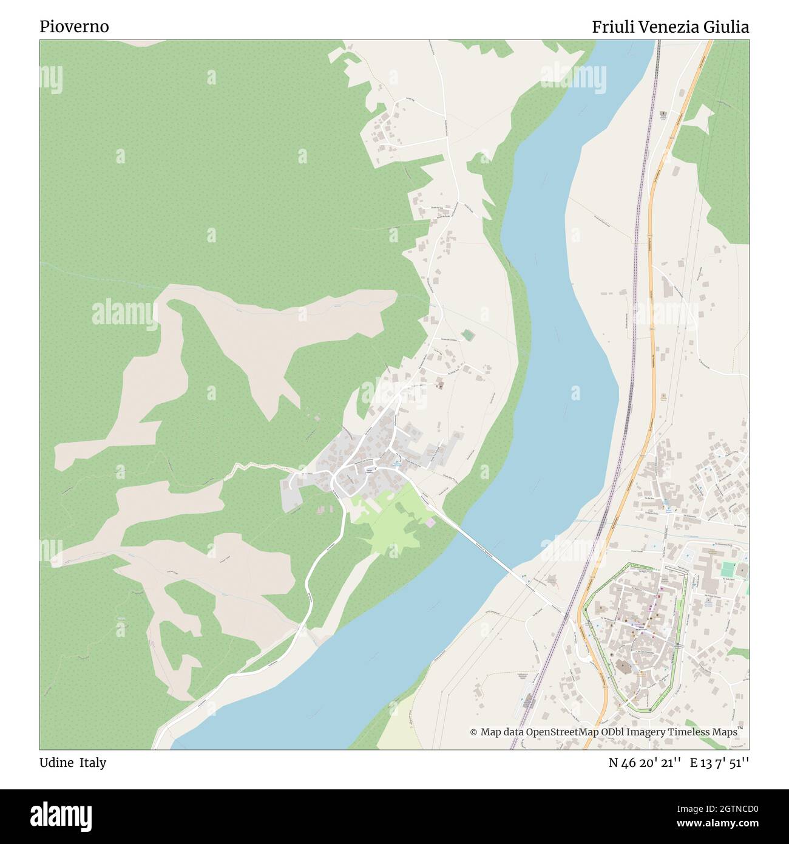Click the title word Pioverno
(x=75, y=27)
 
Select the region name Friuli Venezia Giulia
(x=670, y=27)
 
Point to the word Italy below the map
(x=94, y=763)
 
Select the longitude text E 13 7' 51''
(x=719, y=763)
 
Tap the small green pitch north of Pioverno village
(x=466, y=334)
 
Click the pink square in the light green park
(x=430, y=522)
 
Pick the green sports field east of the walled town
(x=728, y=570)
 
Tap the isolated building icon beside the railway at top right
(x=663, y=114)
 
